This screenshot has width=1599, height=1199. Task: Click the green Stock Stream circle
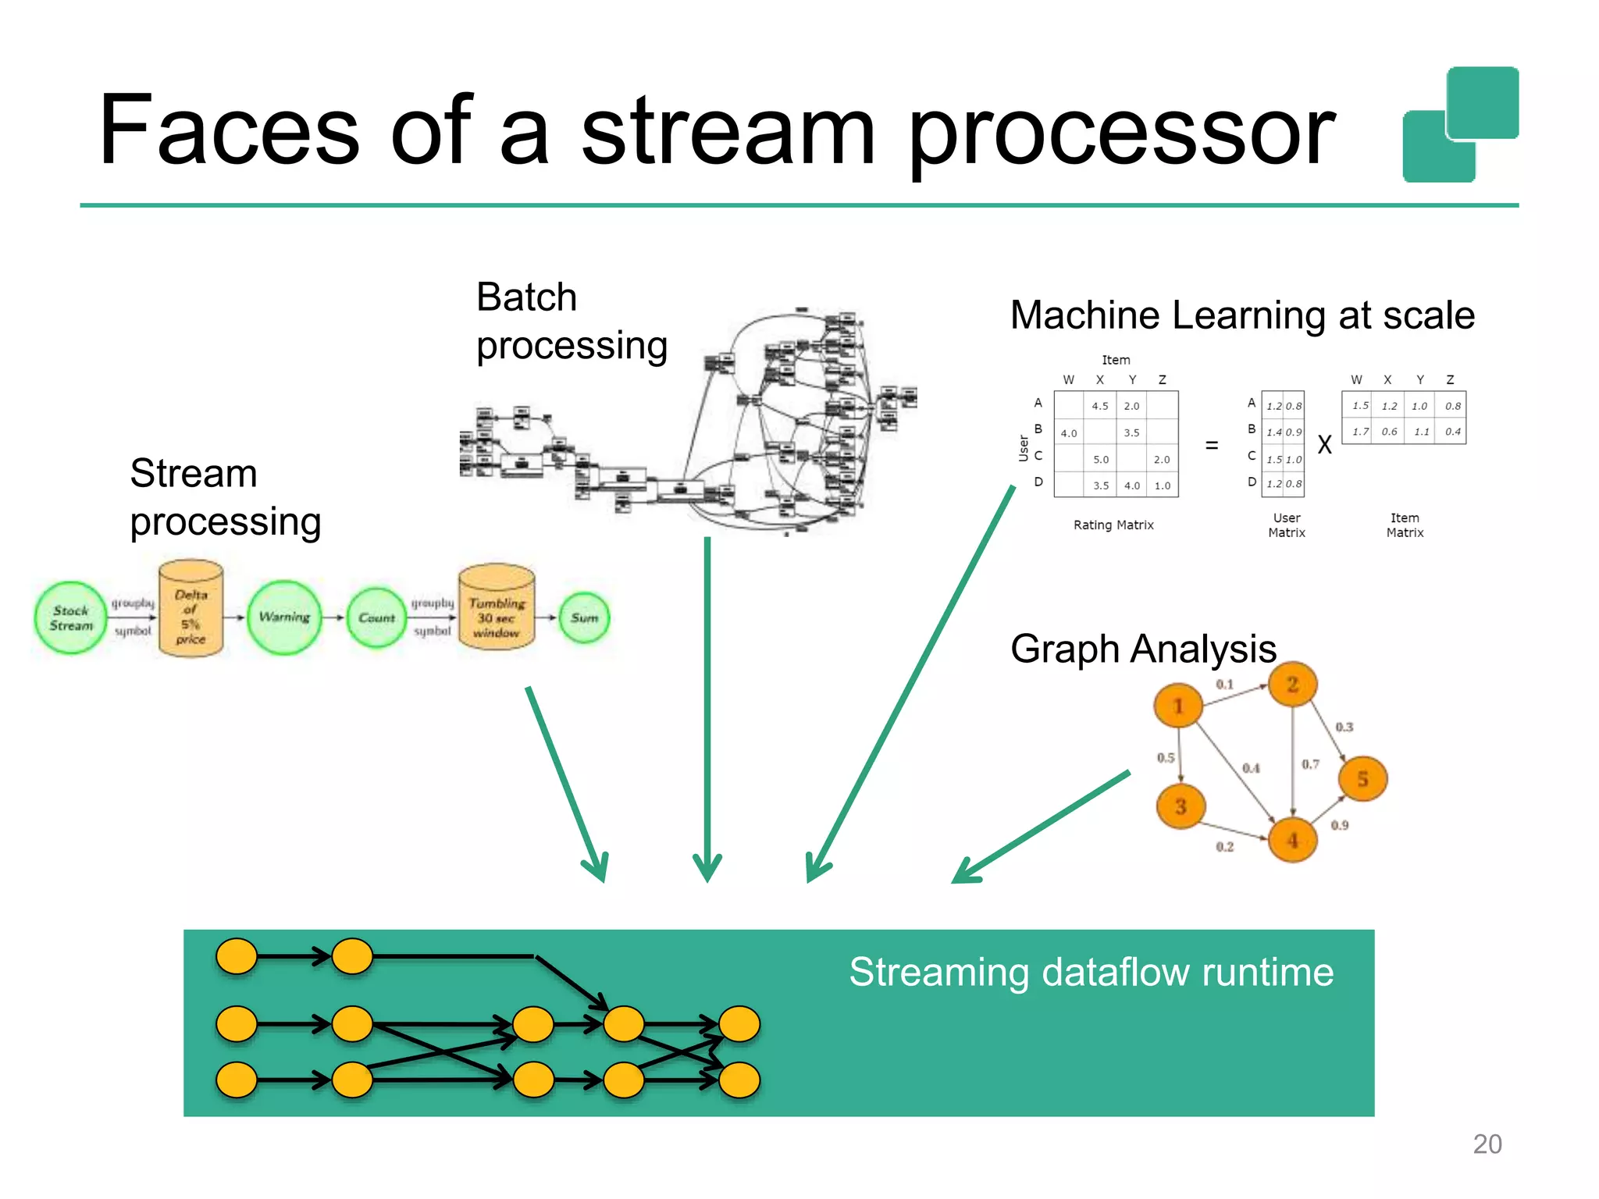click(70, 618)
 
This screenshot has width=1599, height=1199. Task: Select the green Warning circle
click(284, 617)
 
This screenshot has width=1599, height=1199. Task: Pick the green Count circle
click(376, 617)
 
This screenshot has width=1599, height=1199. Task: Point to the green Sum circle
click(584, 617)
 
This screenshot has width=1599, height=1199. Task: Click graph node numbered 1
click(1178, 706)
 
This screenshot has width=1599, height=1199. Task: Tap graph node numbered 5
click(1362, 778)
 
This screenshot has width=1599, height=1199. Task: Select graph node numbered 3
click(1181, 806)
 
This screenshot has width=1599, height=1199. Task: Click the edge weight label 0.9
click(1340, 825)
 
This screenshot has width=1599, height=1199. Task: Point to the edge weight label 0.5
click(1166, 757)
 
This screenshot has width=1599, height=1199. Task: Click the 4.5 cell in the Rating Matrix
click(1100, 406)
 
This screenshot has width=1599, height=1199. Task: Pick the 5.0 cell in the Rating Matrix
click(1101, 460)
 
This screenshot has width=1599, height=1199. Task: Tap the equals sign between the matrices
click(1212, 445)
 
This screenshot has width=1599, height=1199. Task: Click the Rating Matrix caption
click(1113, 525)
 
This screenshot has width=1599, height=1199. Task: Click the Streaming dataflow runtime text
click(1092, 973)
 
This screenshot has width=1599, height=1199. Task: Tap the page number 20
click(1487, 1144)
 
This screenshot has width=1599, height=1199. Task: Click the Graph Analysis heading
click(1143, 649)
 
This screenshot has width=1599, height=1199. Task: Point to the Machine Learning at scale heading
click(1242, 315)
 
